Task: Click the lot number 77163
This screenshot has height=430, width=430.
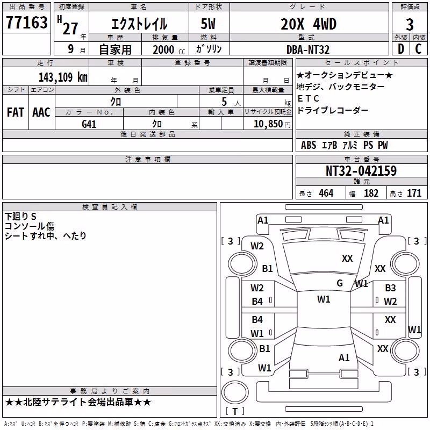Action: [26, 22]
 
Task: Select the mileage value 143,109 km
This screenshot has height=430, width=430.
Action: [63, 77]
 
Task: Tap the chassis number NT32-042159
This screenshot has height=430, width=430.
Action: [361, 170]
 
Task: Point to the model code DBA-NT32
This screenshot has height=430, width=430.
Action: [307, 49]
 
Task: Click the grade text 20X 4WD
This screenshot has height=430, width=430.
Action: [309, 24]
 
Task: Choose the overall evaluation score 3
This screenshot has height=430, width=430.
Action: [410, 25]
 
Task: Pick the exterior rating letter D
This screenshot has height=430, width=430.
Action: [401, 49]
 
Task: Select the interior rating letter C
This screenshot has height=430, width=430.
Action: [419, 49]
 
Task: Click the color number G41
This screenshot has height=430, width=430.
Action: [89, 124]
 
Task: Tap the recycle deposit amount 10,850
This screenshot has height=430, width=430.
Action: [268, 124]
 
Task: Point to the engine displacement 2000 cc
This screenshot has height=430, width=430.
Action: [169, 49]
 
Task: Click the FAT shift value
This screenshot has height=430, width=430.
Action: [16, 112]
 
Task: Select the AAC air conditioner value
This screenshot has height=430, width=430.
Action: [41, 112]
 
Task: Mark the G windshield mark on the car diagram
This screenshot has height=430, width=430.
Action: [340, 283]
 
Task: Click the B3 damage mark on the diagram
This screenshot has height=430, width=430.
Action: [390, 288]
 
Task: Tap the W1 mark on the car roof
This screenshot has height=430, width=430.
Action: [324, 299]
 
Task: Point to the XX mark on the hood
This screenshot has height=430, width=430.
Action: [347, 258]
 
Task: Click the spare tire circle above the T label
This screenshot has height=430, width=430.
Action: [235, 392]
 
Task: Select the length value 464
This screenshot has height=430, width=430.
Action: [326, 193]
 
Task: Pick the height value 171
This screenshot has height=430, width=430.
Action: [414, 193]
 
